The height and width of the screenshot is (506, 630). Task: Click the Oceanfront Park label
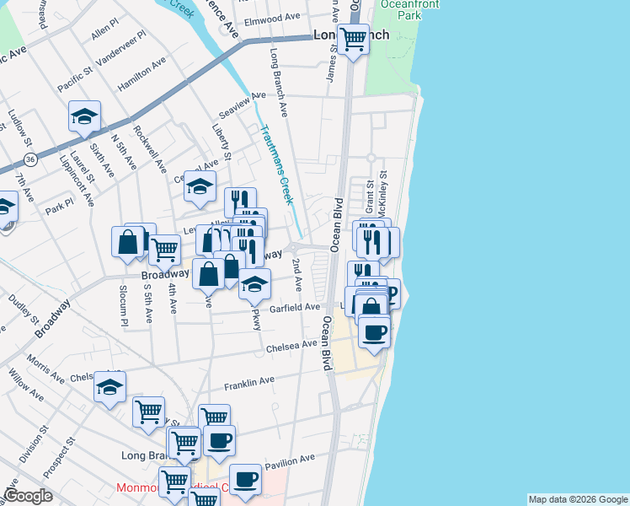(397, 10)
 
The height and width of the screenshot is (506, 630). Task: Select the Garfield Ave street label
(295, 309)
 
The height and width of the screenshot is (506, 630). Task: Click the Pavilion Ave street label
(289, 461)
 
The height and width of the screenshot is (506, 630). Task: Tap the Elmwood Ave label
(271, 17)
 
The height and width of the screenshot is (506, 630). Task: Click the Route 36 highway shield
(30, 159)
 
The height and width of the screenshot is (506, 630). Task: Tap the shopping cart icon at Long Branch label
(354, 38)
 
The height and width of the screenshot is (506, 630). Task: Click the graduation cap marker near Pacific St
(84, 116)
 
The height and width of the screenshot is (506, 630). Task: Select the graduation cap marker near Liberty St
(200, 186)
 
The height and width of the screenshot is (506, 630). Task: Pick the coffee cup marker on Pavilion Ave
(246, 479)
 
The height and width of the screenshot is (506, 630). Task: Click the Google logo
(28, 496)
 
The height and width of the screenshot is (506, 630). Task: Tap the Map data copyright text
(577, 499)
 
